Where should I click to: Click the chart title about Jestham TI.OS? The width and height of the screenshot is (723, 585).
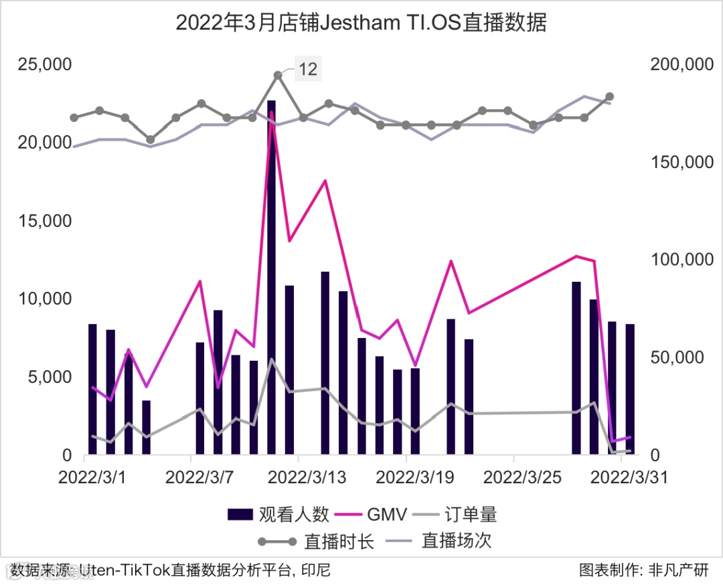pos(361,23)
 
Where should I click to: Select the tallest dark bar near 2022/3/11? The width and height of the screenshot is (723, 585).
pos(271,277)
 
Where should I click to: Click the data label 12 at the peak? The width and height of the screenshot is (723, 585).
pos(307,69)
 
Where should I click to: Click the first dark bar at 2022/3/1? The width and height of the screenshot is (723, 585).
pos(92,390)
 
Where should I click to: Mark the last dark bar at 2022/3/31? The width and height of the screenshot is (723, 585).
pos(630,390)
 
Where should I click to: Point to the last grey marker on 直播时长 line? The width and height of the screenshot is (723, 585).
pos(609,97)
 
